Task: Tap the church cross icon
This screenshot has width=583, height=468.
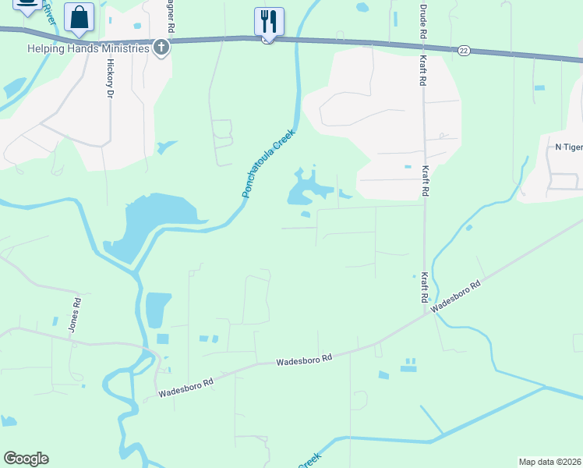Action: [x=161, y=48]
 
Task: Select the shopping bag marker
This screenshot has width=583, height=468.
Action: [x=79, y=18]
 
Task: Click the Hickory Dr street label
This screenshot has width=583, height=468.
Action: [x=110, y=78]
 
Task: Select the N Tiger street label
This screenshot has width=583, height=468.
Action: [x=568, y=147]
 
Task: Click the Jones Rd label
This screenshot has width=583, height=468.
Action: [x=75, y=315]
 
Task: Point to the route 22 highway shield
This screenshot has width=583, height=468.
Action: [x=464, y=50]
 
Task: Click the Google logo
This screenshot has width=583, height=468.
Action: [x=26, y=459]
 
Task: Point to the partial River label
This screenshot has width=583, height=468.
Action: [x=48, y=13]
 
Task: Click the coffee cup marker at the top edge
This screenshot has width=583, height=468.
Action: [x=27, y=5]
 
